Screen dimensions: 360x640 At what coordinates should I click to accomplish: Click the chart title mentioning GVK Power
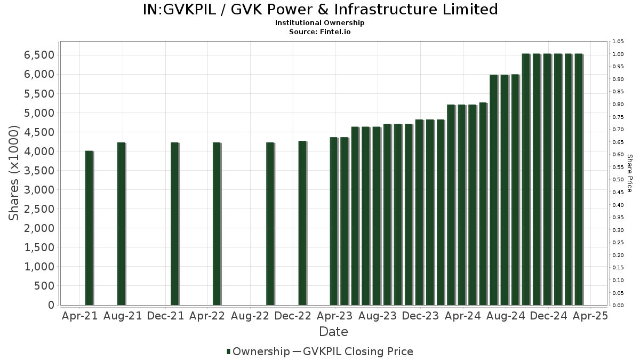coord(320,10)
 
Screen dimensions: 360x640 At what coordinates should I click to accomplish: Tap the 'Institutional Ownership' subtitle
coord(320,23)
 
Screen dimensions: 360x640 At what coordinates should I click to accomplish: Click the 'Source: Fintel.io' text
coord(320,32)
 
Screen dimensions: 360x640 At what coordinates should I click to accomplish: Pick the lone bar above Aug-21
coord(121,223)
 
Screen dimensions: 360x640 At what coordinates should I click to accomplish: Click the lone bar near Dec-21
coord(174,223)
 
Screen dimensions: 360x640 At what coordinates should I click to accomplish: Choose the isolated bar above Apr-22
coord(217,223)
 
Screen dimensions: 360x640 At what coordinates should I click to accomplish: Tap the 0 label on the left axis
coord(51,305)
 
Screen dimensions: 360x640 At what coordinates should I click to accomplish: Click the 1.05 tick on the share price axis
coord(618,42)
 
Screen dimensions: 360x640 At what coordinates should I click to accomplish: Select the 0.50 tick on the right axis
coord(618,180)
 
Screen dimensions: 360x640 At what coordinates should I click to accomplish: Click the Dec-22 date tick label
coord(293,316)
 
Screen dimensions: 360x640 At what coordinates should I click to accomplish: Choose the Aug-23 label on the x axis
coord(378,316)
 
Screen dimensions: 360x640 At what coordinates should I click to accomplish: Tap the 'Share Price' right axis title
coord(629,173)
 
